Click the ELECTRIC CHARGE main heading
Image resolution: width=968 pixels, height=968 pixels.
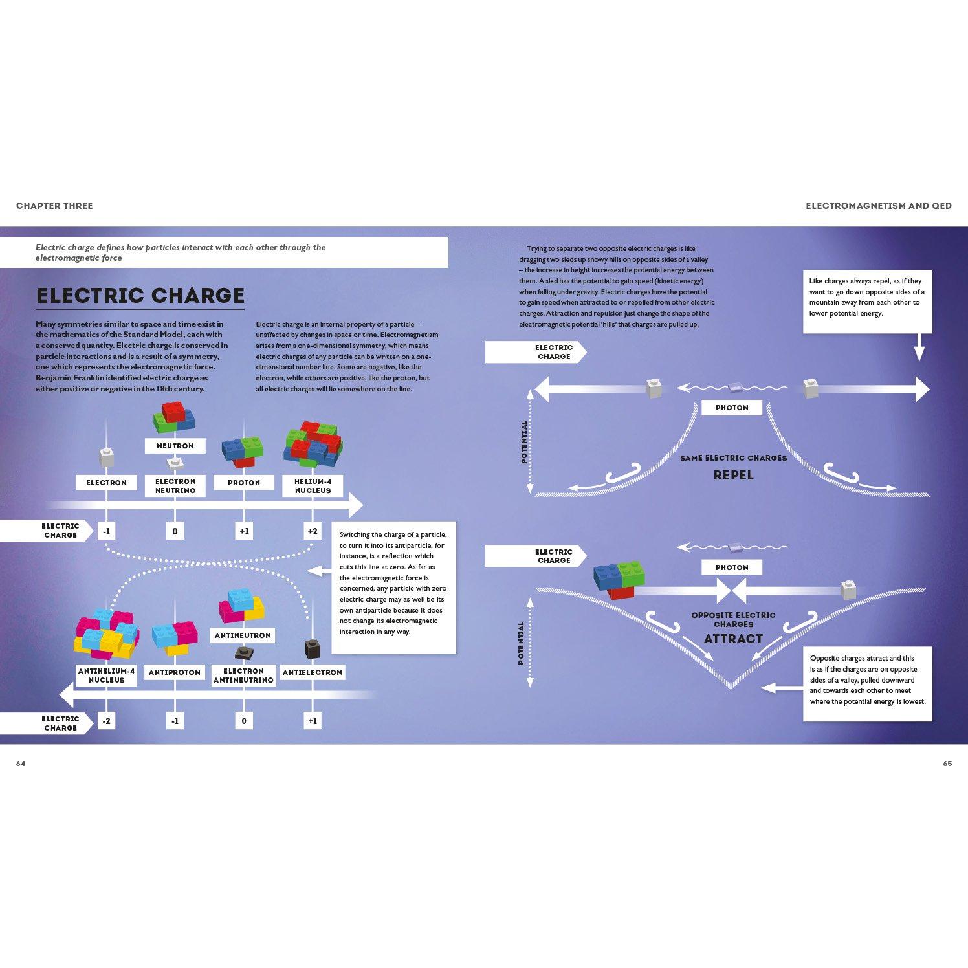(x=140, y=296)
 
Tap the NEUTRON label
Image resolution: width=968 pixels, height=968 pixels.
(x=175, y=446)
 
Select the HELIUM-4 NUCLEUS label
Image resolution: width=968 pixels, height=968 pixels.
(x=313, y=486)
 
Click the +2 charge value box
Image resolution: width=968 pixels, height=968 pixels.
(x=313, y=531)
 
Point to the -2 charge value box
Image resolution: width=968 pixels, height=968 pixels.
(x=106, y=721)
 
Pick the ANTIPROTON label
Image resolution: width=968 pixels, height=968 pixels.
(x=175, y=672)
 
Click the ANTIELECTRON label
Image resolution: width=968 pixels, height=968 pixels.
(x=313, y=672)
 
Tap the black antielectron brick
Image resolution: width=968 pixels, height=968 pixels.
(x=313, y=649)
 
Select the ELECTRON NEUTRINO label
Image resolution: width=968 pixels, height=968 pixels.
(x=175, y=486)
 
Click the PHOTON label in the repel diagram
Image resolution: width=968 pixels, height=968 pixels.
(x=732, y=408)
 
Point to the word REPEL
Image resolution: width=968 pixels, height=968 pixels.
(x=734, y=475)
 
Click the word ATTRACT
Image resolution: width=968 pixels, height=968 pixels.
(x=734, y=639)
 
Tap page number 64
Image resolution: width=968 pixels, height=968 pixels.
(x=21, y=764)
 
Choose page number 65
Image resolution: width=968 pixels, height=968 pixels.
(x=947, y=764)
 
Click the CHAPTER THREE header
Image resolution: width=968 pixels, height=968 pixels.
(x=54, y=206)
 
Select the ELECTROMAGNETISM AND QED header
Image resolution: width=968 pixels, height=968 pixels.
(x=879, y=206)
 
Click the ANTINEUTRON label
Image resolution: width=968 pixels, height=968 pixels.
(x=243, y=635)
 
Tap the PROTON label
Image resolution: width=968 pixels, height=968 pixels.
(x=244, y=483)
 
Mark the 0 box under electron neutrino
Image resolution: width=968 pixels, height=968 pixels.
(x=175, y=531)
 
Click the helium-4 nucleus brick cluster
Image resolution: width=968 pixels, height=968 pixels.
(x=313, y=445)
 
